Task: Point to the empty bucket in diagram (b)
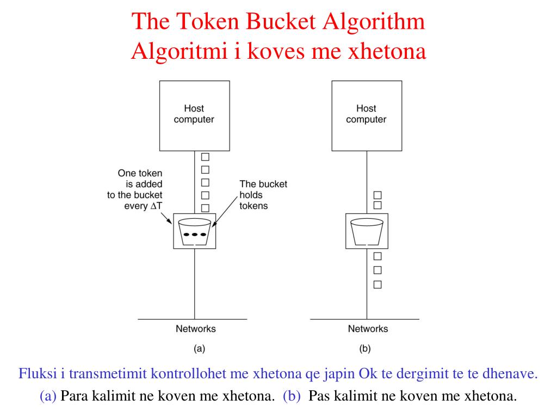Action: point(366,231)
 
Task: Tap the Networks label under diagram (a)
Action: point(195,329)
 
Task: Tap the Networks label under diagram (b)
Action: point(368,329)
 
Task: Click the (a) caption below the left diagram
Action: point(199,349)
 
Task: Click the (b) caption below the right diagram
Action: point(365,349)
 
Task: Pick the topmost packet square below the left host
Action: point(206,157)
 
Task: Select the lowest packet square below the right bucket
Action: point(377,284)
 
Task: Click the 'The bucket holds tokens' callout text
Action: point(263,195)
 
